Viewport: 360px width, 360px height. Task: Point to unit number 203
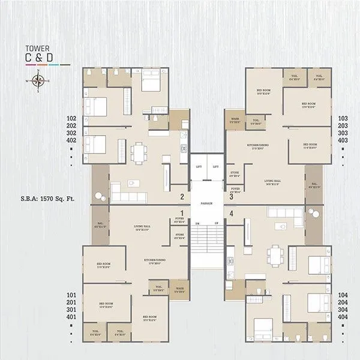343,126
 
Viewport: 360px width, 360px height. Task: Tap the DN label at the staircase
197,223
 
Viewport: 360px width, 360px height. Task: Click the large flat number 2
182,196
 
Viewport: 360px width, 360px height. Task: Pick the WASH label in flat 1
179,289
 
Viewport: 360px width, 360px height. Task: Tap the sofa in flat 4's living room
282,212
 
